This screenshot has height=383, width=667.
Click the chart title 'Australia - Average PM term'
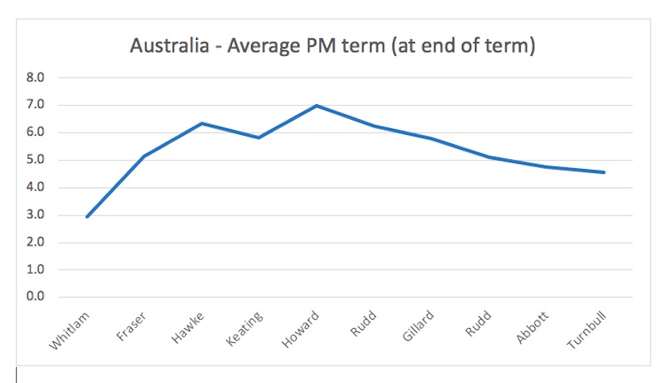coord(332,47)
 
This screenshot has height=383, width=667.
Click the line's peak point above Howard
coord(317,106)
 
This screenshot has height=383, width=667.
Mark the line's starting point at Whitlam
coord(87,216)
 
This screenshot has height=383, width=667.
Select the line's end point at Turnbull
coord(604,172)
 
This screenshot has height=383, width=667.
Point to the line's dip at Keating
coord(259,137)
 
